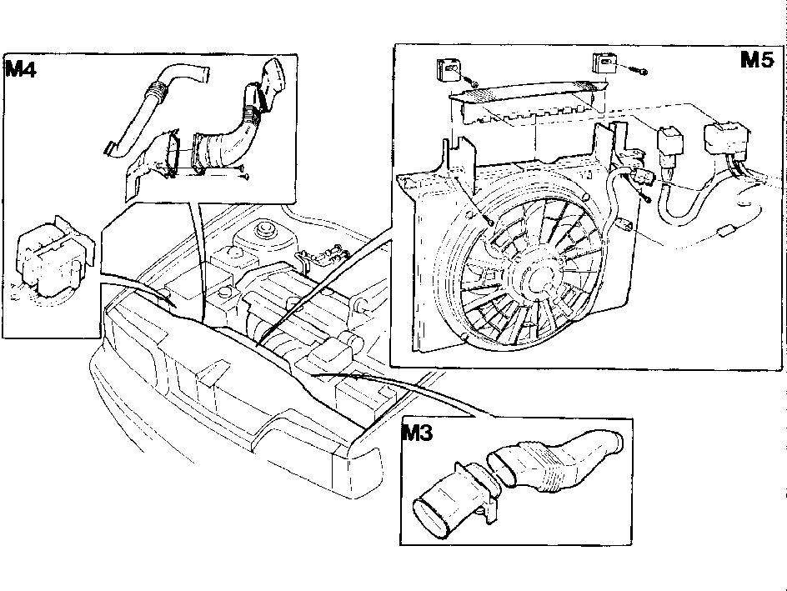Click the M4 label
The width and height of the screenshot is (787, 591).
click(x=21, y=68)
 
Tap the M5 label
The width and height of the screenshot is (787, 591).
click(x=757, y=60)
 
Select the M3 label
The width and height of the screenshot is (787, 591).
click(x=417, y=433)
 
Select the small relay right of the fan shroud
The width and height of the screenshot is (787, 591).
click(x=670, y=143)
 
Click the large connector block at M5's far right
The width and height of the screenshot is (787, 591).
click(x=726, y=136)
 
